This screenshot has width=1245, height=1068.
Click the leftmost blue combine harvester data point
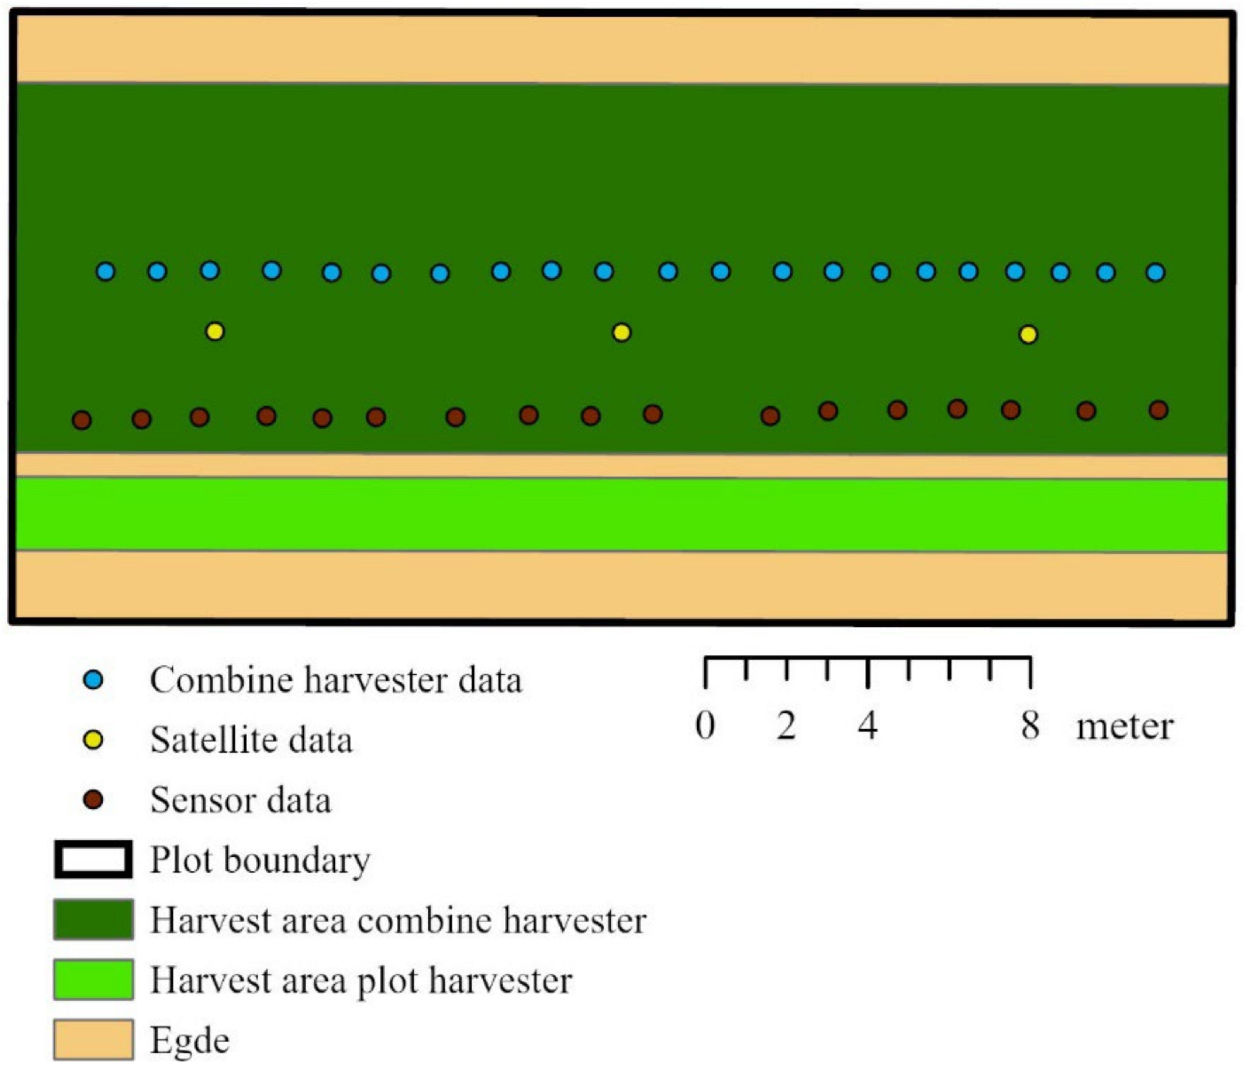tap(106, 271)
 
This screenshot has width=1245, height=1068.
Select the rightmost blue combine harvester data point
tap(1155, 272)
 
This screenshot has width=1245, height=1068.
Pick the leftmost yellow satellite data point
tap(215, 331)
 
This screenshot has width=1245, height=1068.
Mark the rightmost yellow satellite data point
tap(1028, 334)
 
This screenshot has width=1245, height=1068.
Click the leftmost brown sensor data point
tap(82, 420)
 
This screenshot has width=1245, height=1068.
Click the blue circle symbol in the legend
tap(93, 680)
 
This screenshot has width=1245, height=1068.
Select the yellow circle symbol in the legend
tap(93, 740)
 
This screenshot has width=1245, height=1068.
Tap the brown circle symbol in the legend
tap(93, 800)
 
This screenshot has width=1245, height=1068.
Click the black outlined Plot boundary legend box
tap(93, 860)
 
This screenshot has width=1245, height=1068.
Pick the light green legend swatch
tap(93, 980)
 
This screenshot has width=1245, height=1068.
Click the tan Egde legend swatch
tap(93, 1039)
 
